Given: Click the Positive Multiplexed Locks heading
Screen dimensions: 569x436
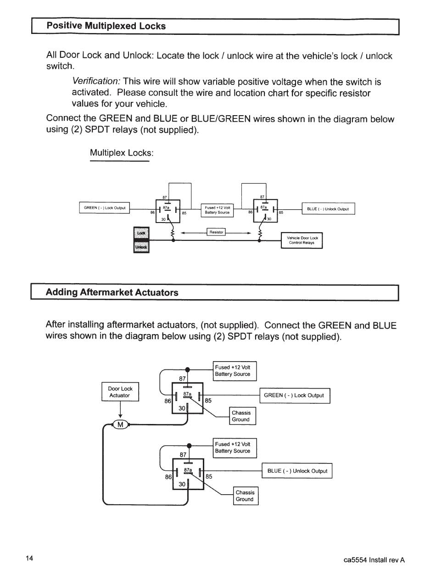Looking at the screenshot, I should [x=106, y=26].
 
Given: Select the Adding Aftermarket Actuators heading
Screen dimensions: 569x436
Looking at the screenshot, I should [x=112, y=292].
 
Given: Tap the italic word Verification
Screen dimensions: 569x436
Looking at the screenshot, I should [x=96, y=82].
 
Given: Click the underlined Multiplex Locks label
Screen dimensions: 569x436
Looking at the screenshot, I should [x=121, y=153].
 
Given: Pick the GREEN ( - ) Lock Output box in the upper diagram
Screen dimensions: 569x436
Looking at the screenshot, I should [x=105, y=208].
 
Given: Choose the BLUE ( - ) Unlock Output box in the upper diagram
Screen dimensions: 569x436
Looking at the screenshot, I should [x=328, y=209].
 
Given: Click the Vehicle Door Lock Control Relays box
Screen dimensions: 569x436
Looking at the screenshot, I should [x=302, y=240].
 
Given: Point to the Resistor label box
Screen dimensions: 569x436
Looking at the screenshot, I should [x=216, y=232].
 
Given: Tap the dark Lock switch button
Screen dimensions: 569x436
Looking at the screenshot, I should [x=141, y=233].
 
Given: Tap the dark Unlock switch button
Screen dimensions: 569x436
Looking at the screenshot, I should [x=141, y=246].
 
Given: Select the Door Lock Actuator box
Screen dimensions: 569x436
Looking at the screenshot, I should [x=120, y=392].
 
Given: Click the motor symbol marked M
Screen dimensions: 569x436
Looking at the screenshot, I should [x=120, y=424].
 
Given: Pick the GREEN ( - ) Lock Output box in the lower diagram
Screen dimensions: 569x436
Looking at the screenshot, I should [x=294, y=396].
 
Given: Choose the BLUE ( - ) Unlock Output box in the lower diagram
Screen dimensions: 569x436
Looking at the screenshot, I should [x=297, y=471].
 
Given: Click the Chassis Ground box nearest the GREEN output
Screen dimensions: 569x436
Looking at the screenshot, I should [x=241, y=416].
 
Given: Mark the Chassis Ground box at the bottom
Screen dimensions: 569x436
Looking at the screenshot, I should [x=245, y=496].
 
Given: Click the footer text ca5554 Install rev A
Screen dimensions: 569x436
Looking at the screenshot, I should [x=374, y=560].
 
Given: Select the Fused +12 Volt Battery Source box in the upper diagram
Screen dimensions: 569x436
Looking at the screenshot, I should [x=217, y=210].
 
